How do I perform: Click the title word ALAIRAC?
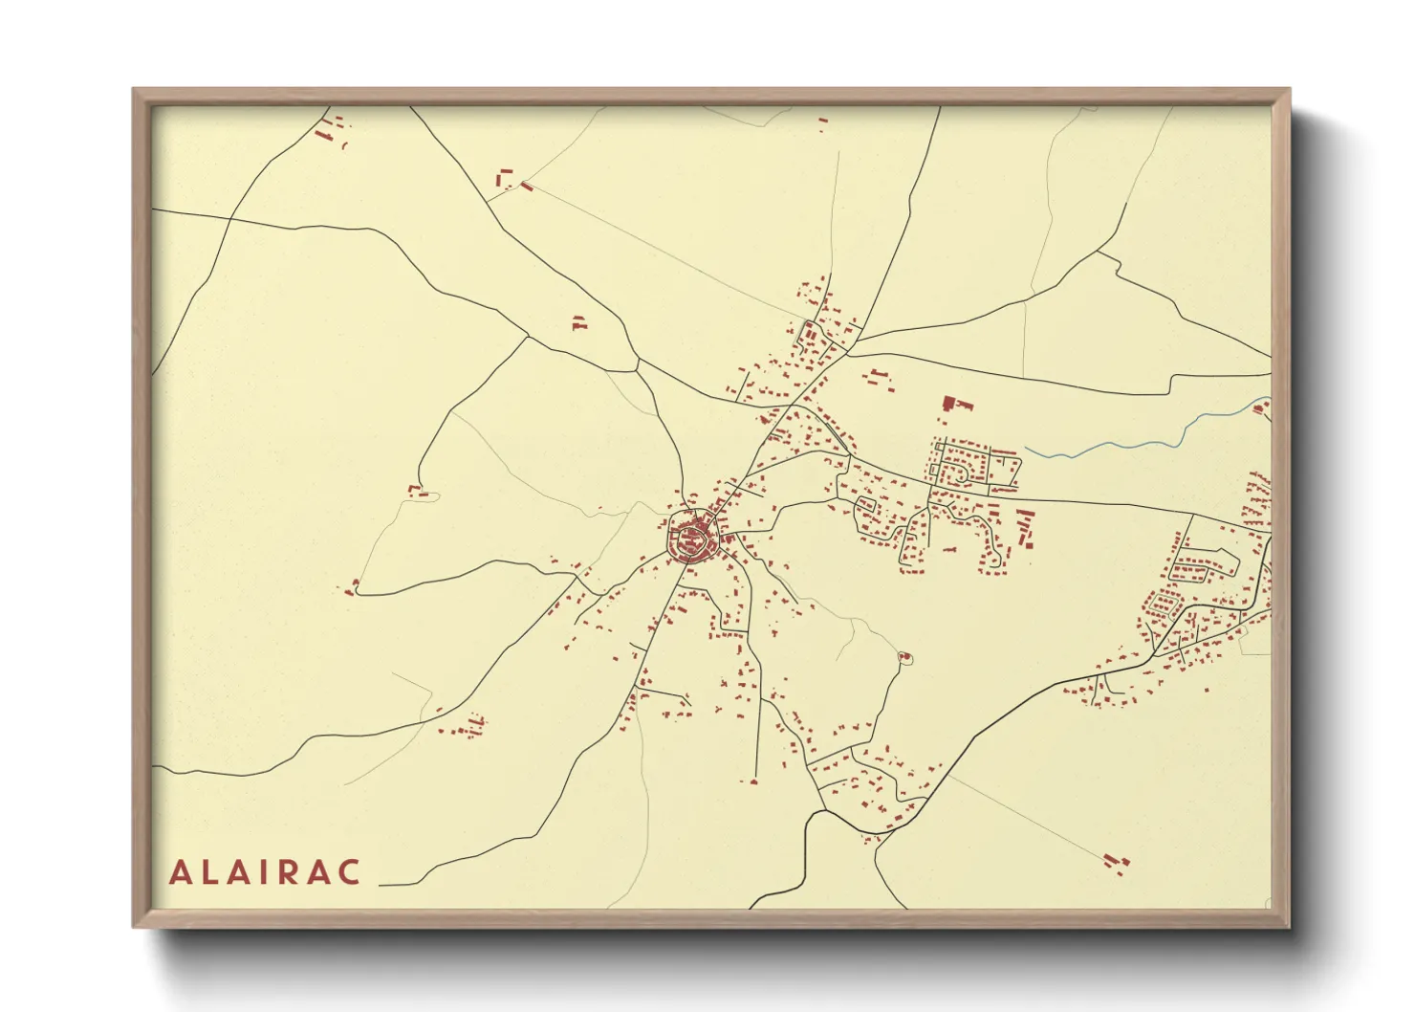(x=265, y=872)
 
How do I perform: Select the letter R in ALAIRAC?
(x=293, y=872)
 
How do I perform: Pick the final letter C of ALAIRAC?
(x=351, y=872)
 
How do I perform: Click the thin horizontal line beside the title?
(x=400, y=886)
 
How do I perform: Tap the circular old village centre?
(x=691, y=539)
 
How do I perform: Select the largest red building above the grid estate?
(x=949, y=403)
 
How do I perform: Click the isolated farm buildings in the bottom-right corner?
(x=1116, y=863)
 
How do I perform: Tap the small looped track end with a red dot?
(x=905, y=656)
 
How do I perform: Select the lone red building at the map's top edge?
(x=823, y=122)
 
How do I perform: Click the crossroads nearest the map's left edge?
(x=229, y=219)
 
